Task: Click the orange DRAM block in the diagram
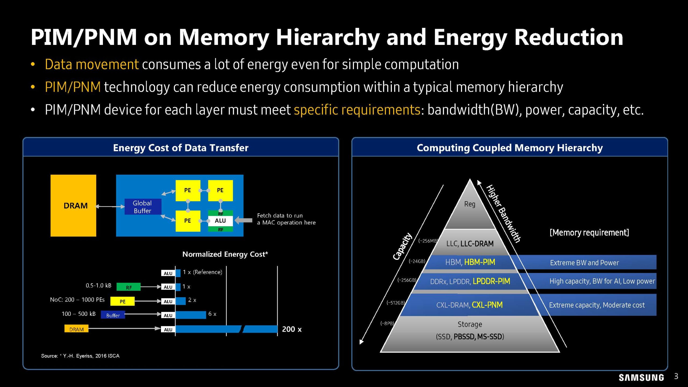73,206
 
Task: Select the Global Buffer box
143,207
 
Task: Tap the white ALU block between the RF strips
220,221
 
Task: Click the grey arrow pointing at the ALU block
244,220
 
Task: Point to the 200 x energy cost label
292,329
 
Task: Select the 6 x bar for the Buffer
191,315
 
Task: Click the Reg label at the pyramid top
470,204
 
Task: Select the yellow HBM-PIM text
480,262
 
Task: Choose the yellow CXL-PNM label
487,305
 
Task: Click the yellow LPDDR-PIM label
491,281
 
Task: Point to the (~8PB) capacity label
387,323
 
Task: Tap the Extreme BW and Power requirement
584,263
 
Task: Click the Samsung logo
641,378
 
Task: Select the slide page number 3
676,376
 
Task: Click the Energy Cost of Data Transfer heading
181,148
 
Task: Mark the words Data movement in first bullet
92,64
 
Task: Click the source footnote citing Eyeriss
80,356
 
